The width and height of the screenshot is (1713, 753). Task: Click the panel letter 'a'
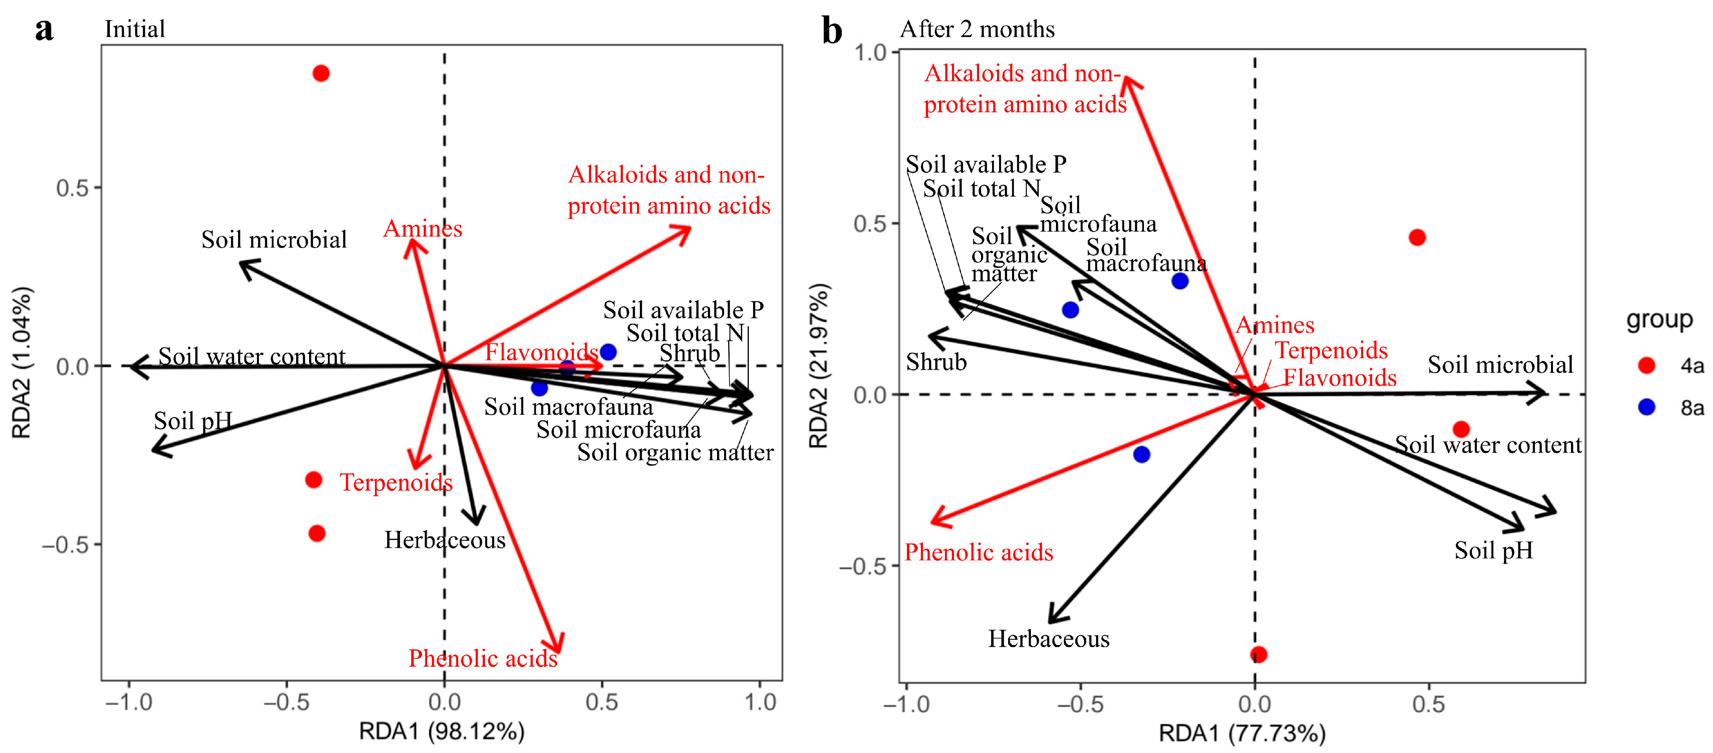pos(44,30)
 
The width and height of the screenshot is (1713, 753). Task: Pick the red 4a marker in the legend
pos(1646,365)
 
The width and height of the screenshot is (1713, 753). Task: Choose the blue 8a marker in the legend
pos(1646,407)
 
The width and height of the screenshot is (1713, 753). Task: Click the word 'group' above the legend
pos(1659,319)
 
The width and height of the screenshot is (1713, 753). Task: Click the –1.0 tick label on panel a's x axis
pos(129,702)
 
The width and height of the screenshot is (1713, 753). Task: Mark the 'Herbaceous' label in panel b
pos(1049,638)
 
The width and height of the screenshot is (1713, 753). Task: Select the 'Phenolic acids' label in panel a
pos(483,658)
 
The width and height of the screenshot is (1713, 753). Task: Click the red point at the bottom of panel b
pos(1258,655)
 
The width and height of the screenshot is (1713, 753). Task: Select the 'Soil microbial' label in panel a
pos(274,239)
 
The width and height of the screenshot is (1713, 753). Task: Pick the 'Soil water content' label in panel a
pos(251,357)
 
